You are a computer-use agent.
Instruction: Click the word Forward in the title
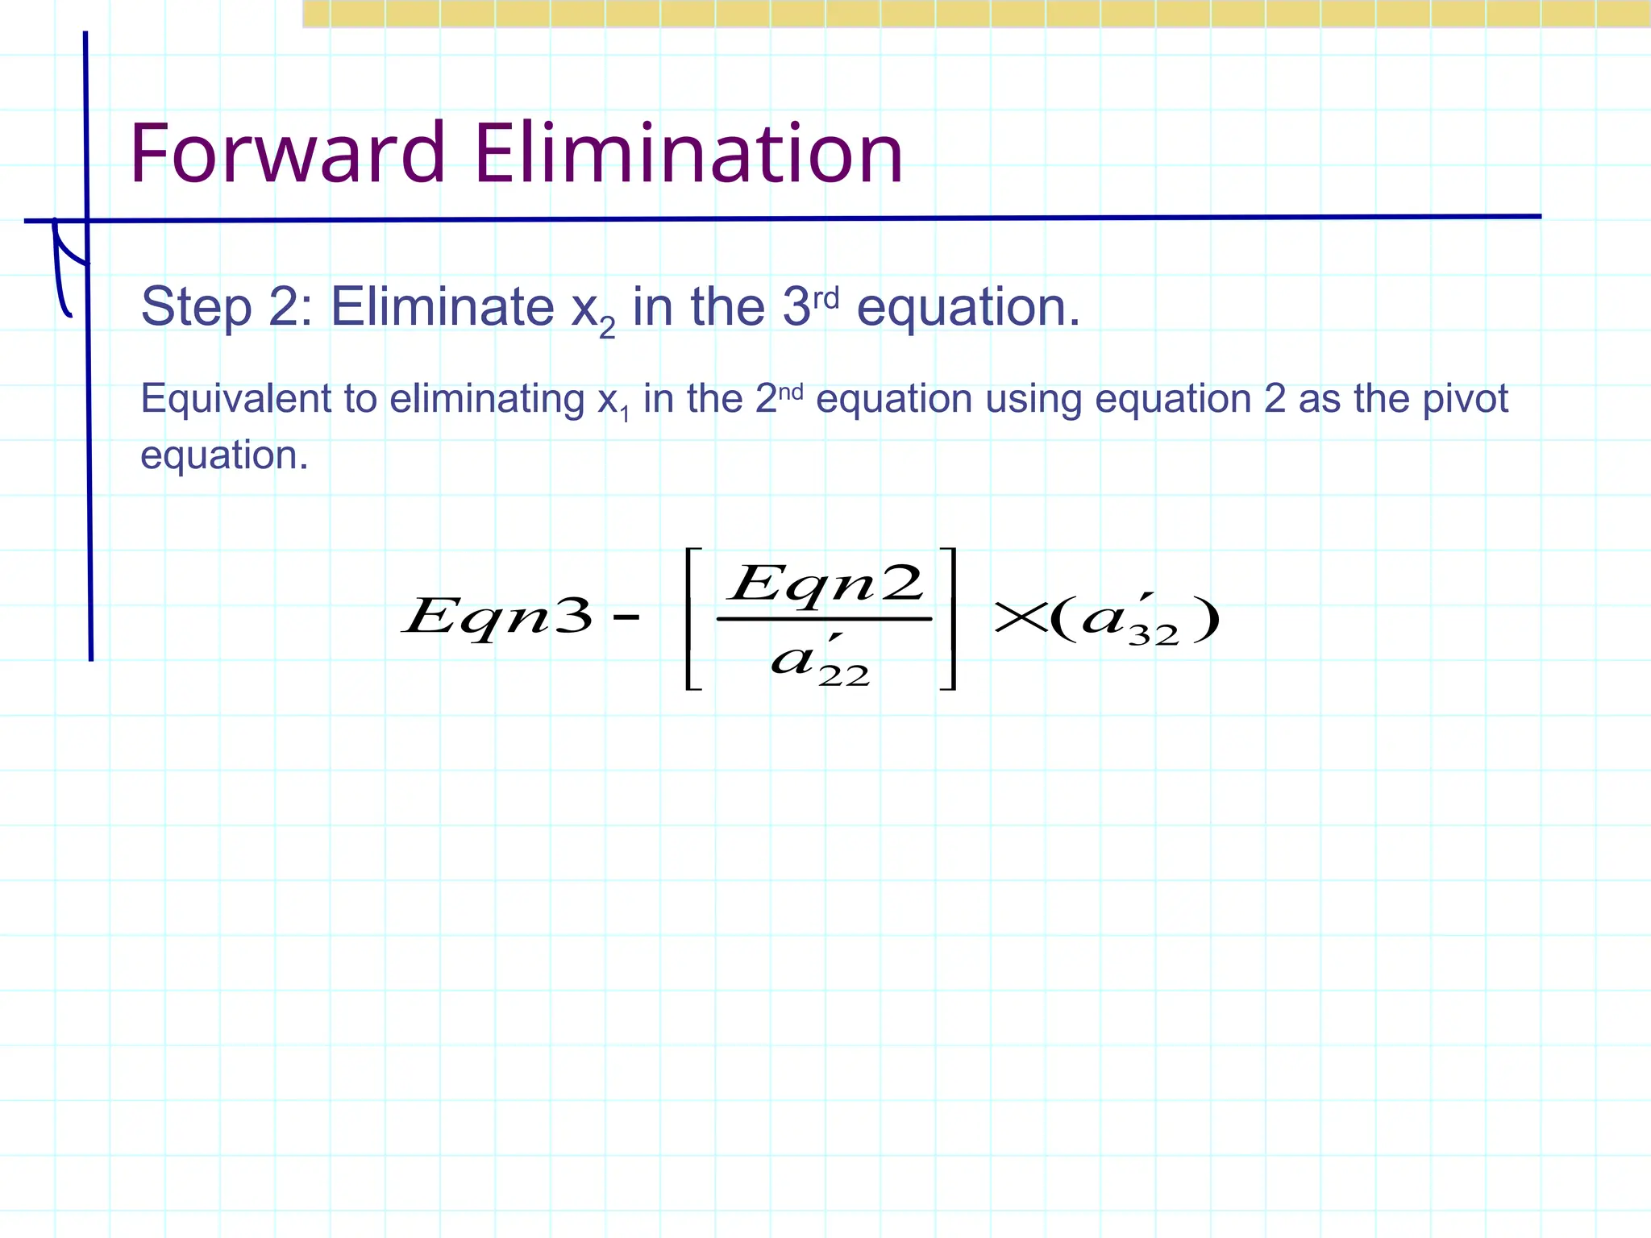point(287,153)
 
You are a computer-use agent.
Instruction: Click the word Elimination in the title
point(688,153)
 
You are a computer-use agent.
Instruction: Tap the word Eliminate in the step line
point(442,307)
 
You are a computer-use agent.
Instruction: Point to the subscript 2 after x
point(607,328)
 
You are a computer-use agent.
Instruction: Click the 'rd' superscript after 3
point(825,298)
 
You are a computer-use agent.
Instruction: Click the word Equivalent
point(258,399)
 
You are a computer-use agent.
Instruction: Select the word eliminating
point(487,399)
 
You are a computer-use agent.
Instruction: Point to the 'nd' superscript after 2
point(791,393)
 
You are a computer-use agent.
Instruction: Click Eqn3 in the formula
point(498,617)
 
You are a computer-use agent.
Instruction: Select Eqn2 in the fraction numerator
point(825,583)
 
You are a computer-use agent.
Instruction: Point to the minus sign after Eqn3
point(626,618)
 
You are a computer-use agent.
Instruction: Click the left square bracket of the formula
point(692,618)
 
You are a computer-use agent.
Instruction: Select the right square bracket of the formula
point(949,618)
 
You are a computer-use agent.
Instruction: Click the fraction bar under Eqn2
point(824,619)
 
